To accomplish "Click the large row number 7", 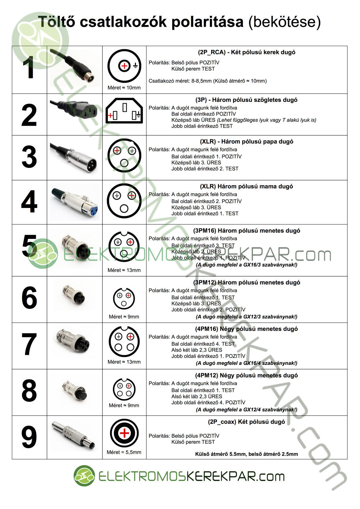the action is pos(29,344).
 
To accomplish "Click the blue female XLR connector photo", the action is pos(75,202).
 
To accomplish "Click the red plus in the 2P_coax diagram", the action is pos(124,433).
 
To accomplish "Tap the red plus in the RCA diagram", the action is pos(124,66).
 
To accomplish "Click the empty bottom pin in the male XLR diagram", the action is pos(124,163).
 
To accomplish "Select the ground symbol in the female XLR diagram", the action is pos(117,195).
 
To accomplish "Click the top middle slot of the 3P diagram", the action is pos(124,107).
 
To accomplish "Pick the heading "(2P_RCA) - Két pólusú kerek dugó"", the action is pos(246,52).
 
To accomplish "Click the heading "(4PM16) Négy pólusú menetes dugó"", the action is pos(246,329).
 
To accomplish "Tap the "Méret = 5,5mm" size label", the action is pos(124,452).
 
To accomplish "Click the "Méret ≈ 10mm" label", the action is pos(124,88).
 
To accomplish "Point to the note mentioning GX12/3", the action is pos(246,317).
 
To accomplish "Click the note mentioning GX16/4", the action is pos(246,363).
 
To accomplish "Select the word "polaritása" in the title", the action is pos(207,22).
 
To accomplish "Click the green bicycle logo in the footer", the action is pos(84,476).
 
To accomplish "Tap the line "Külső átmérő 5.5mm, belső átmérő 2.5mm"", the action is pos(246,454).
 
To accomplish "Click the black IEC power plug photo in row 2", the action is pos(73,110).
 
